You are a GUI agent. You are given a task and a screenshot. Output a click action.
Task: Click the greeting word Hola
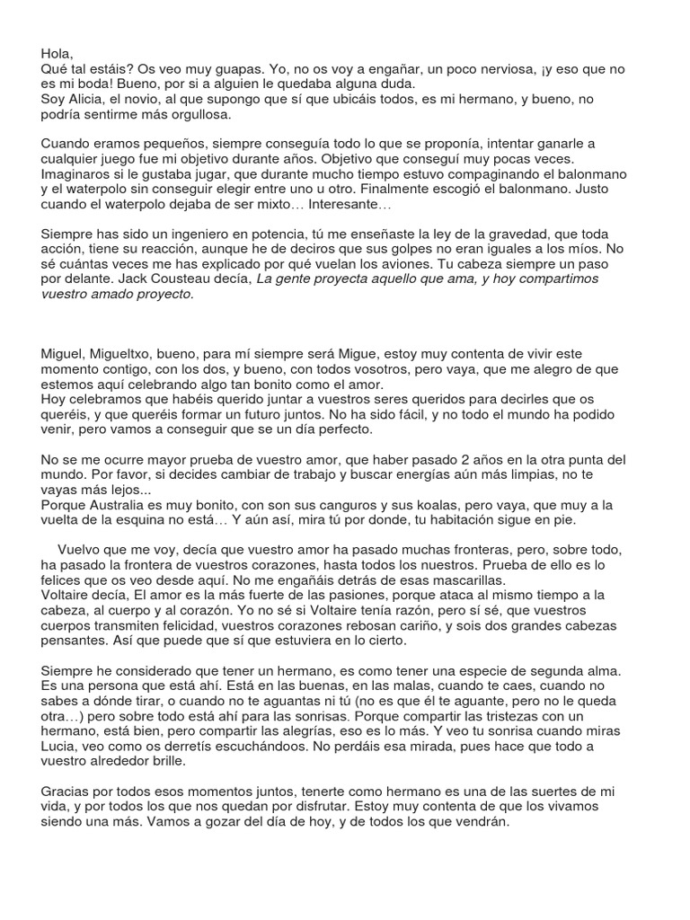coord(56,54)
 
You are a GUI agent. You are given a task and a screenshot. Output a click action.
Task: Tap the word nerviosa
coord(482,69)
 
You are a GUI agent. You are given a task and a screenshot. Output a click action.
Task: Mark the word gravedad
coord(511,234)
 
